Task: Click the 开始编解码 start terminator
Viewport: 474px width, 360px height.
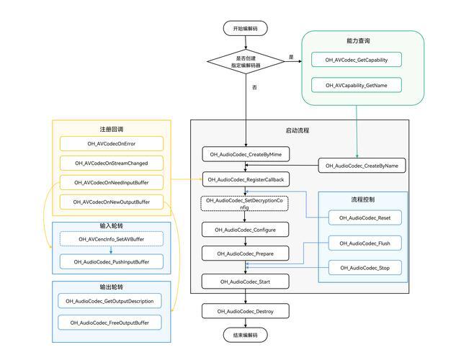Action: pos(245,28)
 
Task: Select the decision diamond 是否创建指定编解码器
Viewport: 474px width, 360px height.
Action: pos(246,62)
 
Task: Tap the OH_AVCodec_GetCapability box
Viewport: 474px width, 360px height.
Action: pos(357,60)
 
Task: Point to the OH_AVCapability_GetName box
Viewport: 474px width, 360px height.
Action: pos(357,85)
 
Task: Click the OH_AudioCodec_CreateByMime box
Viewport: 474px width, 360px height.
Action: pos(246,155)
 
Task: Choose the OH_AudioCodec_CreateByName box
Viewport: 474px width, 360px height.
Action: pos(362,166)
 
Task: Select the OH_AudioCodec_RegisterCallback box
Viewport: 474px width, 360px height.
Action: pos(246,179)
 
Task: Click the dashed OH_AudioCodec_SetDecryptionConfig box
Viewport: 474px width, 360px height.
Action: pos(244,204)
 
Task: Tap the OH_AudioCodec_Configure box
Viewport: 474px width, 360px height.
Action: pos(245,230)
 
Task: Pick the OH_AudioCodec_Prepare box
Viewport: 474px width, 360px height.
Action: pos(245,253)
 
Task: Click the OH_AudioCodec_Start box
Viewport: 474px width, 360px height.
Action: pos(245,282)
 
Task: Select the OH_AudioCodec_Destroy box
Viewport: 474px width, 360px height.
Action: pos(245,311)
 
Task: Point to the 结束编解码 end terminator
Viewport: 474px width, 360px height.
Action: pos(245,335)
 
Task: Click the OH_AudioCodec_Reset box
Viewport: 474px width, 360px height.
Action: pos(365,217)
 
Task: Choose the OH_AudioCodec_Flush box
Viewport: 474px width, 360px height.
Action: pos(365,243)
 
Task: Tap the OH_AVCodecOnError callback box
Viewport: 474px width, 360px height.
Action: pos(112,143)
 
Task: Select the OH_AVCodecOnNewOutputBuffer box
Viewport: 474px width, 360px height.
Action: pos(112,202)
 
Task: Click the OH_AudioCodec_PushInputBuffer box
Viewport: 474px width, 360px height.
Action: pos(112,262)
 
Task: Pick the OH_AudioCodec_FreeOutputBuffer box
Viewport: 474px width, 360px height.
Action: pos(109,323)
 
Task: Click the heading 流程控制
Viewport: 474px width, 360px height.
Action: pos(363,199)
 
